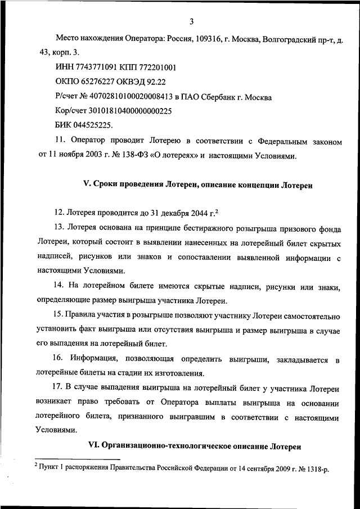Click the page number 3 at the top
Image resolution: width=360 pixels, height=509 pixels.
(191, 22)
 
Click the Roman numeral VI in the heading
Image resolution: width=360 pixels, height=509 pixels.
(93, 446)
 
